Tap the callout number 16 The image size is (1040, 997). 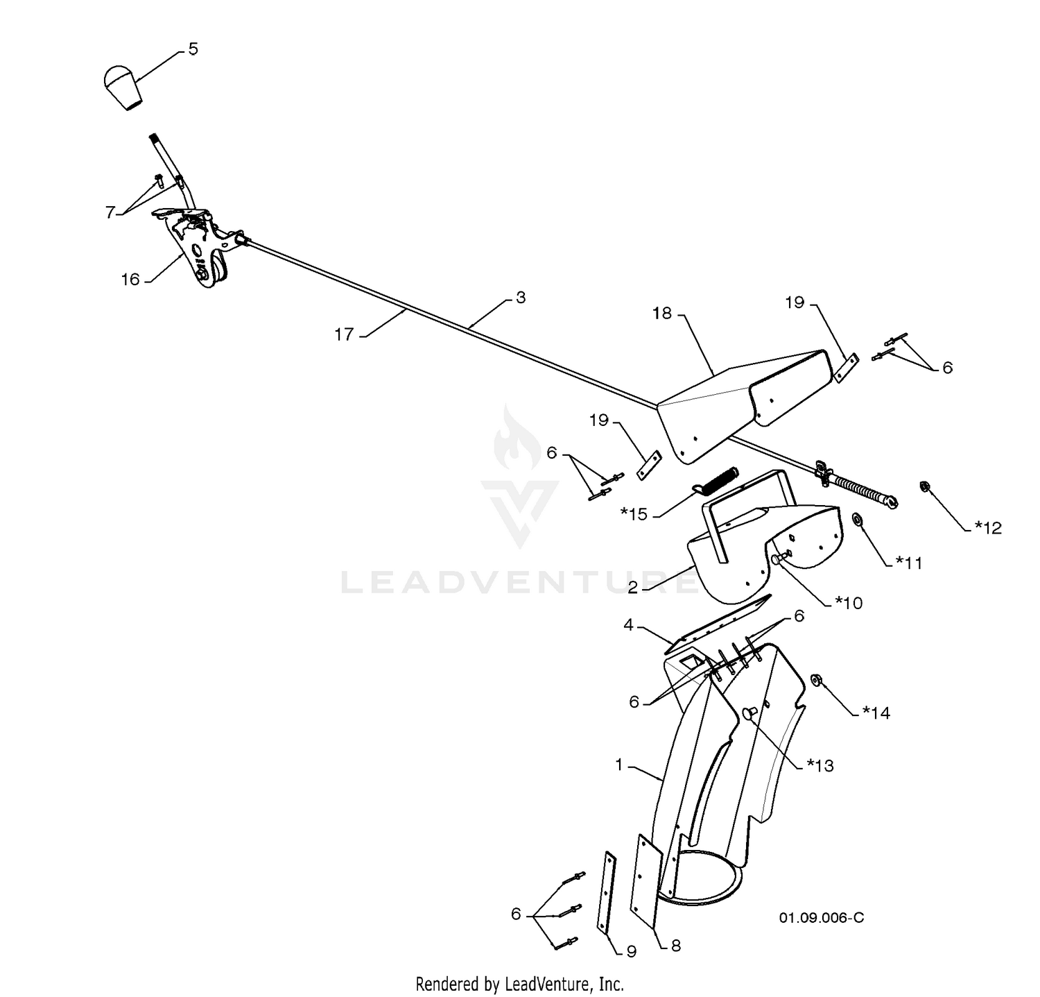pos(130,279)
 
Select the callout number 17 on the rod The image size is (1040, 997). pos(345,334)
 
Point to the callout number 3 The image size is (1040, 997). pos(521,298)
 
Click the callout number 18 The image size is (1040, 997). pos(663,313)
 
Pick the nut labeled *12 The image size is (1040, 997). pos(924,486)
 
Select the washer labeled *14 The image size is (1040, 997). pos(816,679)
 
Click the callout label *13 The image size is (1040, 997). pos(820,765)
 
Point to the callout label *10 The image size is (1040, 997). pos(849,603)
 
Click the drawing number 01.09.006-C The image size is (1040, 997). pos(822,918)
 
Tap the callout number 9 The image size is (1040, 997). pos(631,952)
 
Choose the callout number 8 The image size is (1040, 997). pos(675,946)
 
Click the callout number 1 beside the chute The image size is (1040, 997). pos(619,765)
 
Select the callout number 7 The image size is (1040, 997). pos(110,212)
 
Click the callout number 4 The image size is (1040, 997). pos(628,625)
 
